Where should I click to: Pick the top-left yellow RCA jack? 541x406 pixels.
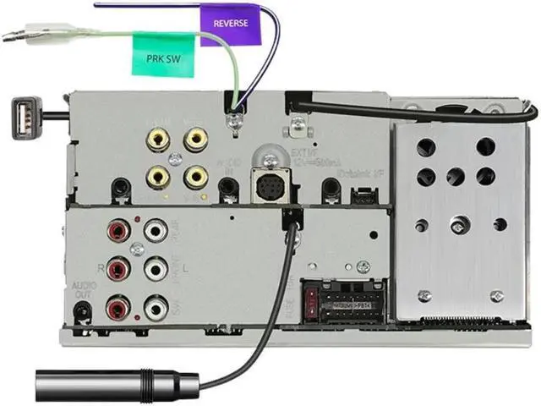pos(156,135)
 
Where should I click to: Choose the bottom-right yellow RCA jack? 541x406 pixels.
pos(195,176)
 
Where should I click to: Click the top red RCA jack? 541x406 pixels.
pos(117,229)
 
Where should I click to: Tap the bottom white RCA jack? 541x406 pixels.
pos(156,309)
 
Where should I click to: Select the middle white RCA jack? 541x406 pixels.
pos(156,269)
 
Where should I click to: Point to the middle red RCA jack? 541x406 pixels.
pos(117,269)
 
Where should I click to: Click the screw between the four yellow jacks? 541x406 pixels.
pos(176,156)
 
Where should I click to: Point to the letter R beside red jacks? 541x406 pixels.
pos(100,268)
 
